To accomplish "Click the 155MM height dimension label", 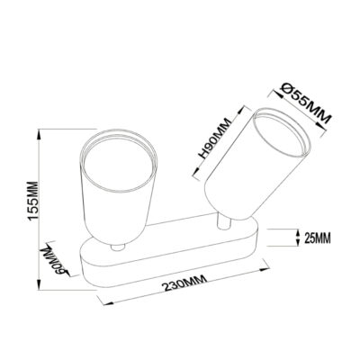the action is (32, 201).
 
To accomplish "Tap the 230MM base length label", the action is (184, 283).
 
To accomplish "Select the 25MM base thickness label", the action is (318, 238).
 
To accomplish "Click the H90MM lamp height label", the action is (216, 139).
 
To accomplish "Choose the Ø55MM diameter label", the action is (305, 103).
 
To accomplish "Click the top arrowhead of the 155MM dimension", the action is (39, 134).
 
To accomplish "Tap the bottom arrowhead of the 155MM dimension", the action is (39, 284).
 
